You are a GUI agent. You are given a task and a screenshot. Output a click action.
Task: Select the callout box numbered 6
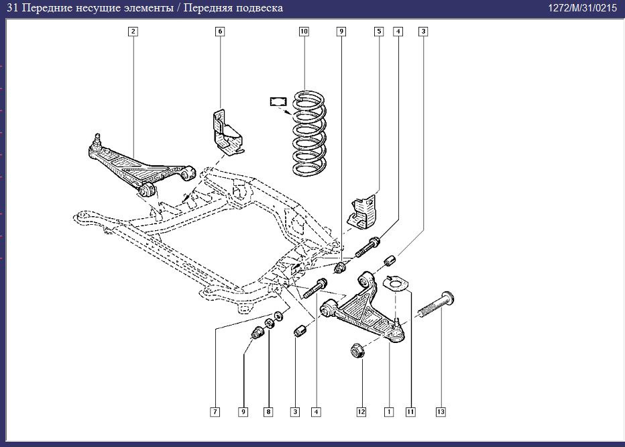point(220,32)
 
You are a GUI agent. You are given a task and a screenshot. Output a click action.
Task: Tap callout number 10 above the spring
point(304,32)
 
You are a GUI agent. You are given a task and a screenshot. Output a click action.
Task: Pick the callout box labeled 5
point(379,32)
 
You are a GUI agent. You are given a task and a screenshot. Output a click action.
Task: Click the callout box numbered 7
point(215,411)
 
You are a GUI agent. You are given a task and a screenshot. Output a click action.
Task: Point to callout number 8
point(268,411)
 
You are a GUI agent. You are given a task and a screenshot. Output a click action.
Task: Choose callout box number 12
point(361,411)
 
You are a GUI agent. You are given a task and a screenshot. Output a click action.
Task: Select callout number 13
point(441,411)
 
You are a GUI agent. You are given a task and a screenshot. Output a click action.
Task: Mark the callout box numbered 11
point(410,411)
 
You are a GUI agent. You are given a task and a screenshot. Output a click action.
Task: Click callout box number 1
point(388,411)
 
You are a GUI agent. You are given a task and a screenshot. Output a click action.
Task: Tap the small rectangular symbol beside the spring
point(277,102)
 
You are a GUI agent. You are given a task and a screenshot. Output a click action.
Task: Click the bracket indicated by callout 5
point(363,211)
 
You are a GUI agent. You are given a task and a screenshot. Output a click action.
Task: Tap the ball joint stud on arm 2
point(98,140)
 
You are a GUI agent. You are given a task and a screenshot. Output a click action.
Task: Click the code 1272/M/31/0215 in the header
point(582,8)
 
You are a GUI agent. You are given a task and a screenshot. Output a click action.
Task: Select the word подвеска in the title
point(258,8)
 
